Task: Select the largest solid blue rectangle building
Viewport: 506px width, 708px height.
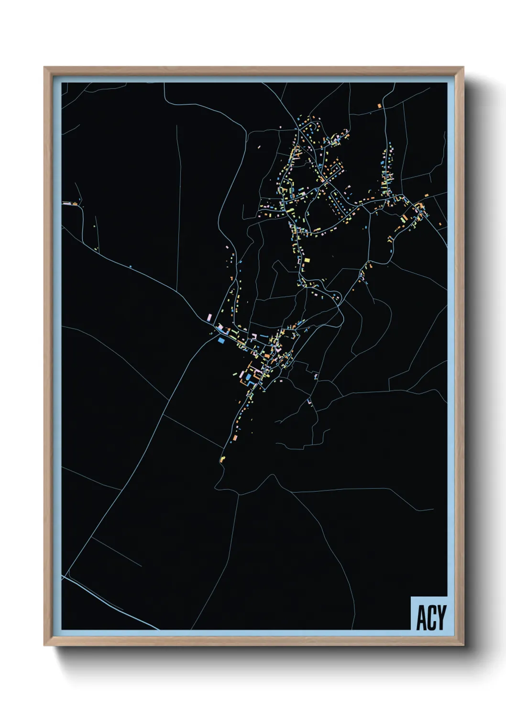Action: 221,341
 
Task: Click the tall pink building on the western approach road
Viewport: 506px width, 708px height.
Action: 209,317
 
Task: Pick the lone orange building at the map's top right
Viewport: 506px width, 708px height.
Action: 380,105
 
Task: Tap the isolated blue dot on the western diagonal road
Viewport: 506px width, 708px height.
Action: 131,266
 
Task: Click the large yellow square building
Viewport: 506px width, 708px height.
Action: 307,261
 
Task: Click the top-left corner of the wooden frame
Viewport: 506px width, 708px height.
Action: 45,68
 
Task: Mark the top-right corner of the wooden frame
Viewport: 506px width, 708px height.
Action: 462,68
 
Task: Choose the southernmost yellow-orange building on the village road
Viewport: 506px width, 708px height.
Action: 222,459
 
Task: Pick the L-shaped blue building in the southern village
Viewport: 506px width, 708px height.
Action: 248,377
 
